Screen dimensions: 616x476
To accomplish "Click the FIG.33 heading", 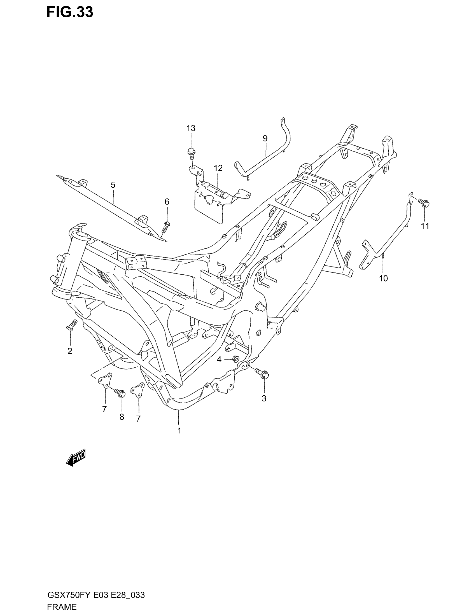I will pos(70,12).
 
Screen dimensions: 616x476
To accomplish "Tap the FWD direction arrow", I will pos(76,458).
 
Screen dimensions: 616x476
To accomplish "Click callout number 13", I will pos(191,128).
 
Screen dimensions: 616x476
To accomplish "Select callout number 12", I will pos(218,168).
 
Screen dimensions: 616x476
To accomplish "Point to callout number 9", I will pos(265,138).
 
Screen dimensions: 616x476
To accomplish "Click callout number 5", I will pos(113,185).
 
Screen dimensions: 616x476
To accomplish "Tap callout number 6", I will pos(167,202).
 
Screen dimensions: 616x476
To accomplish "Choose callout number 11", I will pos(425,226).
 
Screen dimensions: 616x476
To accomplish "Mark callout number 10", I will pos(383,278).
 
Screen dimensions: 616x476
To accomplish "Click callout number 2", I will pos(70,351).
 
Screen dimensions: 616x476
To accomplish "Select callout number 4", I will pos(219,360).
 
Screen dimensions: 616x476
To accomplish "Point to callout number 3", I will pos(264,398).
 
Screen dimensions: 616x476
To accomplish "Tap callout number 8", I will pos(122,417).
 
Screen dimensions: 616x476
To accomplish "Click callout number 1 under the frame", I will pos(179,431).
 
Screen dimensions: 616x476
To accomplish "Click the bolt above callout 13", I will pos(191,152).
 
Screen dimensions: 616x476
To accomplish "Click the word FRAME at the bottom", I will pos(62,607).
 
